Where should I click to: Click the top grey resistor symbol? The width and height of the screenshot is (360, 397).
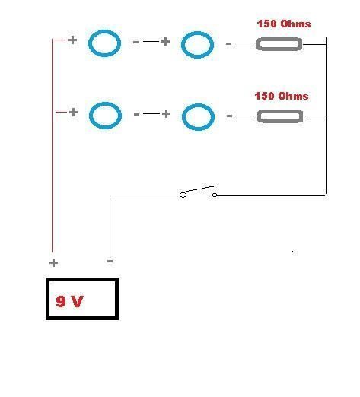(279, 39)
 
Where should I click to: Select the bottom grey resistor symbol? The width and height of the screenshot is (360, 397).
(280, 111)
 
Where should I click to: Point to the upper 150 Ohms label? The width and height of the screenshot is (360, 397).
(284, 24)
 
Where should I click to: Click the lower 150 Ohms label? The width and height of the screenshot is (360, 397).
(282, 96)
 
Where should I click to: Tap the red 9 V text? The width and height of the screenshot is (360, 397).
(69, 301)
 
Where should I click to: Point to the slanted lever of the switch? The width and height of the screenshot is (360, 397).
(201, 189)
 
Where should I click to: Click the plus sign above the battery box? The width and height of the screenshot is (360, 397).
(53, 262)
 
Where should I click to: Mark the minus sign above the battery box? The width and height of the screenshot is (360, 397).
(110, 261)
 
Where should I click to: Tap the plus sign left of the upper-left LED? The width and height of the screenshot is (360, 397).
(72, 40)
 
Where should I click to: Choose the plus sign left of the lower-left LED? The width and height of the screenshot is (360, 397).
(73, 112)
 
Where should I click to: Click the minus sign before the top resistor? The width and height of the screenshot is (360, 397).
(228, 44)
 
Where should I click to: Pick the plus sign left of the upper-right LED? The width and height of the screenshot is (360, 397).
(165, 41)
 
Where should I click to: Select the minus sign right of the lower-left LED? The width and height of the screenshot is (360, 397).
(136, 115)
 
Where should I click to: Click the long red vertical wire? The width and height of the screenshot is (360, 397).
(53, 145)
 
